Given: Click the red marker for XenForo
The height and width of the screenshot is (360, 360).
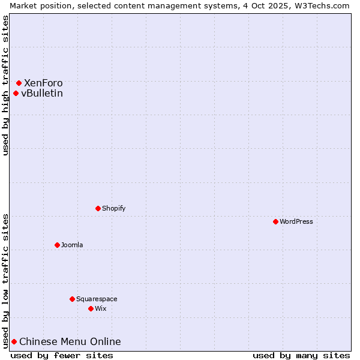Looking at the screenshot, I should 19,83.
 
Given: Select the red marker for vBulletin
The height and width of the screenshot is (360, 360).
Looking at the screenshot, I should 16,93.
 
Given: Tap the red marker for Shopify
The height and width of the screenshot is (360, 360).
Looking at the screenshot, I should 98,208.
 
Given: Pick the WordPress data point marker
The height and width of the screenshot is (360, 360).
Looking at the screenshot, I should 275,221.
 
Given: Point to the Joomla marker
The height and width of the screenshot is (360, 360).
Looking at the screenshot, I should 57,245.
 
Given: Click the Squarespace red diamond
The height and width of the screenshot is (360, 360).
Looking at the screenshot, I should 72,299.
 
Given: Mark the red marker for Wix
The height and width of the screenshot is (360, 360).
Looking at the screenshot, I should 91,308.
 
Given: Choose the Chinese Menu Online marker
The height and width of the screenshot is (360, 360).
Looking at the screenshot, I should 14,341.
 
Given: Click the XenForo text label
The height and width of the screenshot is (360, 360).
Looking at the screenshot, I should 43,83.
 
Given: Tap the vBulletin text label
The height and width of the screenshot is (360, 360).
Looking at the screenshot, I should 42,93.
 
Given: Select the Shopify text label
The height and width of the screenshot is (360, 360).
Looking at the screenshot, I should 114,208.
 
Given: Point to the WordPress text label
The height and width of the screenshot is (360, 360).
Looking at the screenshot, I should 296,221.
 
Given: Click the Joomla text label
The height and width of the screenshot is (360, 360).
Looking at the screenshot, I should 72,245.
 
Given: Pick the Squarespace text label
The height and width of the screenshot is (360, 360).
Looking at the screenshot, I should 97,299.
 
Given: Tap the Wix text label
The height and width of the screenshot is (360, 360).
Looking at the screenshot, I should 100,308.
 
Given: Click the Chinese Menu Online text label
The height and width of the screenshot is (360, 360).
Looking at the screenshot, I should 70,341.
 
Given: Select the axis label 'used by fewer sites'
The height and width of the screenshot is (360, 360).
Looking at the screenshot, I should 62,355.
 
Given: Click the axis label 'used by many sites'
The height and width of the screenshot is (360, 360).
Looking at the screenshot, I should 301,355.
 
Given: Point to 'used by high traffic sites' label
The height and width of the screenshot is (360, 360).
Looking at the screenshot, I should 5,85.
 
